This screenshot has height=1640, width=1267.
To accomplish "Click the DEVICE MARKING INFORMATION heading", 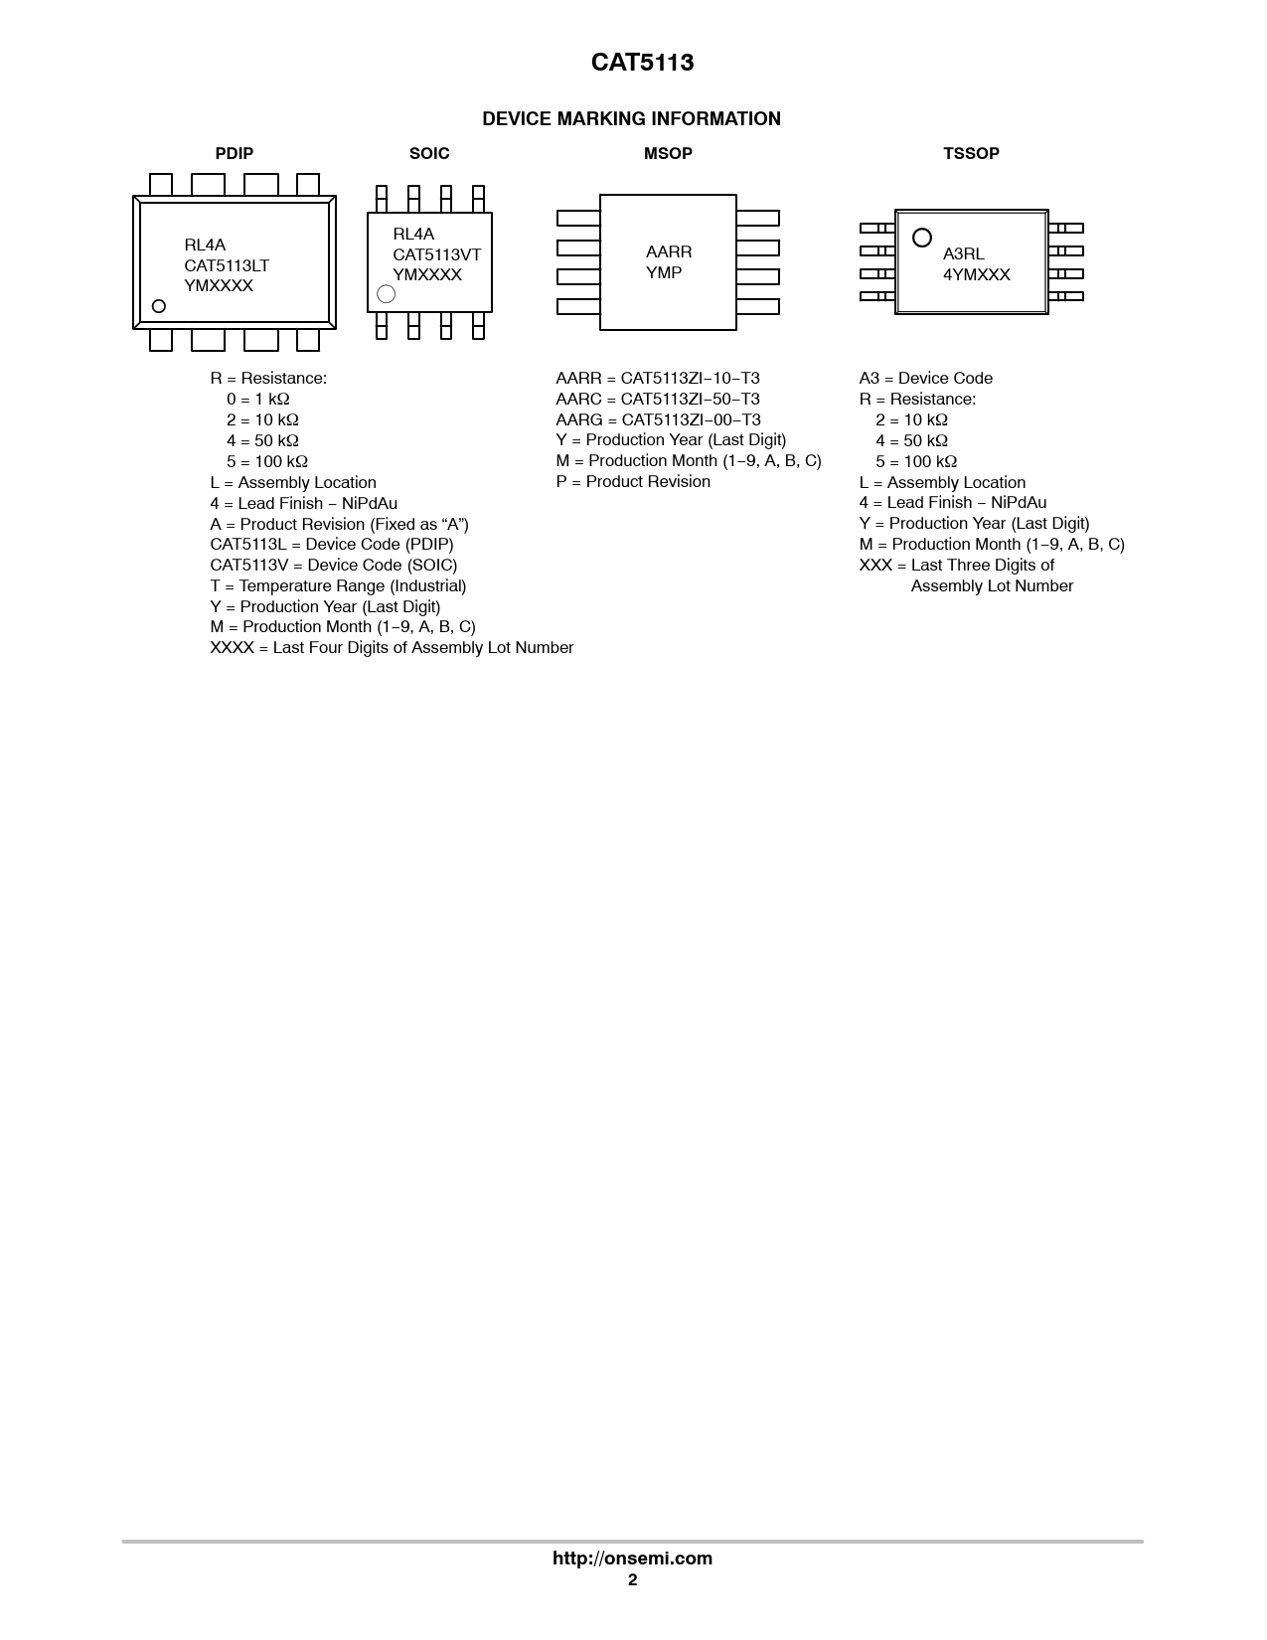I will click(x=631, y=119).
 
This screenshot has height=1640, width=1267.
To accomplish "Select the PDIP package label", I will click(x=235, y=153).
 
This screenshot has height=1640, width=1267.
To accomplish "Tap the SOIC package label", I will click(x=429, y=153).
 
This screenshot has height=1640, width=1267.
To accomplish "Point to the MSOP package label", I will click(x=668, y=153).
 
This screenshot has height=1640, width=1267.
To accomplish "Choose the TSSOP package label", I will click(x=971, y=153).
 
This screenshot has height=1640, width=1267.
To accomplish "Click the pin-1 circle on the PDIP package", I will click(x=158, y=306).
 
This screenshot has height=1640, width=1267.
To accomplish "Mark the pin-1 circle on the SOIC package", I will click(x=387, y=294).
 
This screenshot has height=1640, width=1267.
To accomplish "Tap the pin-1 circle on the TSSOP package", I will click(x=922, y=238).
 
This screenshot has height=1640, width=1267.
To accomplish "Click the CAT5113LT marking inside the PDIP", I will click(x=227, y=265).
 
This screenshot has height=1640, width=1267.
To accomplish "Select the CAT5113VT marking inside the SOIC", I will click(x=436, y=254).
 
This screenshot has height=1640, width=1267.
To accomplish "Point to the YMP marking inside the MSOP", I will click(x=664, y=273).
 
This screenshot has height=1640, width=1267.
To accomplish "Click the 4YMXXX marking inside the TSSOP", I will click(x=977, y=275).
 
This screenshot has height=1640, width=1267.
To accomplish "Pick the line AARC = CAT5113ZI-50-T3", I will click(x=658, y=399).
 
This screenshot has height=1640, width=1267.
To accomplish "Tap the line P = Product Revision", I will click(x=633, y=481).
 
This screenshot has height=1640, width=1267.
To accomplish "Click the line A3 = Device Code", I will click(x=926, y=378).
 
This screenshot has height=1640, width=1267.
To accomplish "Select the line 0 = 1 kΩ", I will click(x=258, y=399).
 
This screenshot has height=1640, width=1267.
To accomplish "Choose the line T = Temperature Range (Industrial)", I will click(x=338, y=585).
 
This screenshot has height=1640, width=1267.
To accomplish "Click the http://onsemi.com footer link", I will click(x=632, y=1558).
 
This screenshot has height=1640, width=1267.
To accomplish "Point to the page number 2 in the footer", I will click(x=632, y=1580).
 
